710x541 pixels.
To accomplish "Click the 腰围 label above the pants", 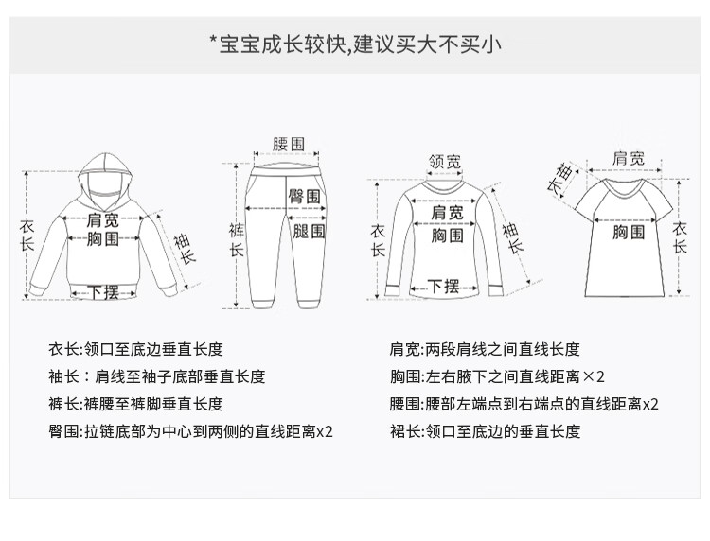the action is (x=289, y=145).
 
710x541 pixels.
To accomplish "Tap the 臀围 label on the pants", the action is (x=305, y=197).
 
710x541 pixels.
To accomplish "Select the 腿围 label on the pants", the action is (x=309, y=231).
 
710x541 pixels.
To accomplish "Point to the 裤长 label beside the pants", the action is (x=237, y=239).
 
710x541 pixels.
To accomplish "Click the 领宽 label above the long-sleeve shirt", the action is (x=445, y=162).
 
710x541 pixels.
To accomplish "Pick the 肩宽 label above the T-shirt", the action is (x=629, y=158).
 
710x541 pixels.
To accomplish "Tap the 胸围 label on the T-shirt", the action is (x=629, y=232).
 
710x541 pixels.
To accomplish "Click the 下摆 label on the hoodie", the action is (x=103, y=292).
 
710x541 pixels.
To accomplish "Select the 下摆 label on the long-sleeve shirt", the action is (x=444, y=287).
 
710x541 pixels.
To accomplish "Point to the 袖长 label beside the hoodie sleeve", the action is (x=185, y=249).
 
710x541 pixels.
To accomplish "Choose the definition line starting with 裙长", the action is (x=485, y=431).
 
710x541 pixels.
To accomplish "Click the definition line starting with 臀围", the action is (x=190, y=431).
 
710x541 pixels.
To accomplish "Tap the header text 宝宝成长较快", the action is (x=282, y=44).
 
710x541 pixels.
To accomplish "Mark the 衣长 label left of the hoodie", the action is (x=27, y=236).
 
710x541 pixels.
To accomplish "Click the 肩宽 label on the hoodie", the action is (x=103, y=220).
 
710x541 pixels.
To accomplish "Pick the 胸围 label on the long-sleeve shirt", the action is (x=447, y=236).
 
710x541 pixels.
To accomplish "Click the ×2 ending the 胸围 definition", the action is (x=594, y=376).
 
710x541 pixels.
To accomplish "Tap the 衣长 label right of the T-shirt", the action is (x=679, y=238).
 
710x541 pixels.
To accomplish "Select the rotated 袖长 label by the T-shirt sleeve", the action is (x=560, y=180).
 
